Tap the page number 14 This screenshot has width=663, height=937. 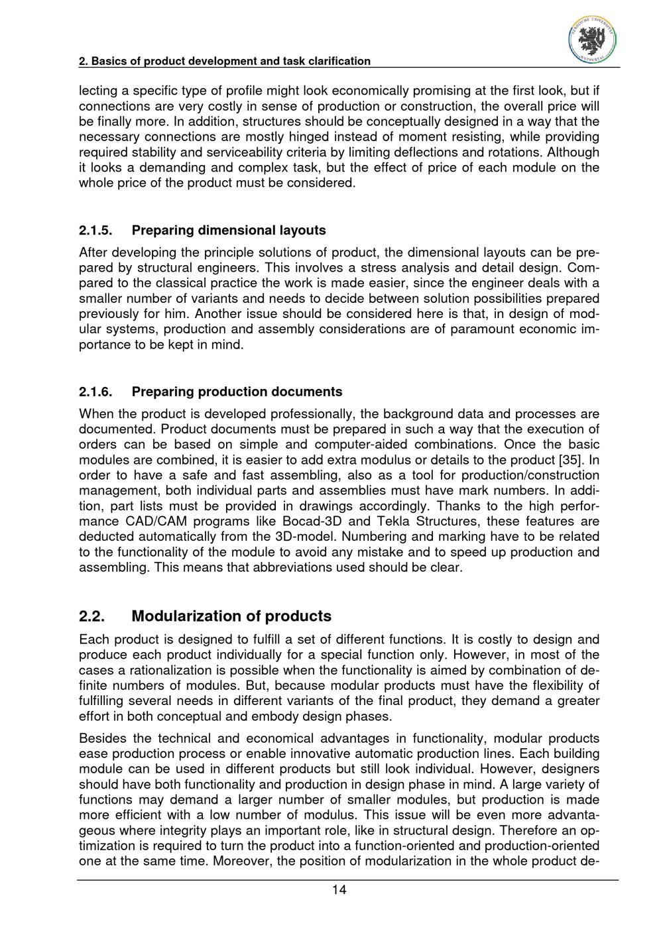point(339,890)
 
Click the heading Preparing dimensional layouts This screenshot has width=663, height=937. point(229,231)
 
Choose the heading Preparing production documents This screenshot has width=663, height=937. point(237,392)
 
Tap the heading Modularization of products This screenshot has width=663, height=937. point(231,616)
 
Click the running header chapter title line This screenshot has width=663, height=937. point(225,61)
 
